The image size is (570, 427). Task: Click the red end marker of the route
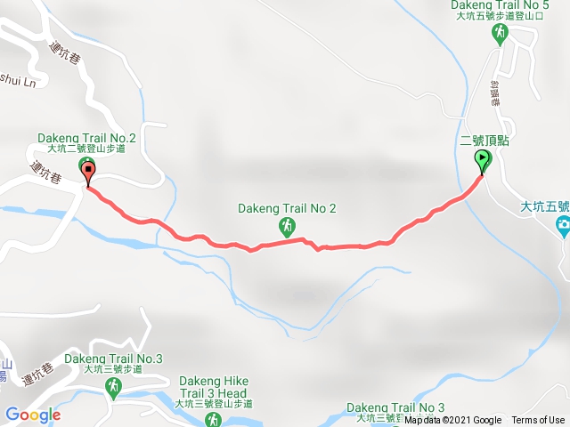[x=88, y=169]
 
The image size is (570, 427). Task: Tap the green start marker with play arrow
[x=482, y=161]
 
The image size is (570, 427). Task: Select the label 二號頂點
[x=484, y=141]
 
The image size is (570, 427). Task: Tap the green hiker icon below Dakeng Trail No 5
[x=501, y=35]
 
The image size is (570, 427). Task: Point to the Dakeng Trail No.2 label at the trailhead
[x=86, y=138]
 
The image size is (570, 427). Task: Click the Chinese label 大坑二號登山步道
[x=86, y=149]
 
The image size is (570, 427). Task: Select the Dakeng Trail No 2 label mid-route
[x=287, y=209]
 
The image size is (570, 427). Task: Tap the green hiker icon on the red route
[x=287, y=227]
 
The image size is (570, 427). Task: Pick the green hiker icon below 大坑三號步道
[x=113, y=387]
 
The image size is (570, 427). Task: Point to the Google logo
[x=32, y=415]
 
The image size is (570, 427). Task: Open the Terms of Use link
[x=538, y=421]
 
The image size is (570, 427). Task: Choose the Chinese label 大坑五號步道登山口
[x=500, y=16]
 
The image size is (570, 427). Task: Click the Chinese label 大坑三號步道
[x=114, y=369]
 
